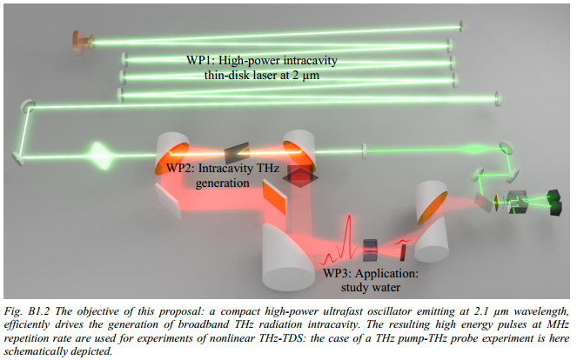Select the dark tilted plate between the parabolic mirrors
click(236, 152)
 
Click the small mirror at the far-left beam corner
click(17, 157)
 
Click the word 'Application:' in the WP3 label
click(392, 271)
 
